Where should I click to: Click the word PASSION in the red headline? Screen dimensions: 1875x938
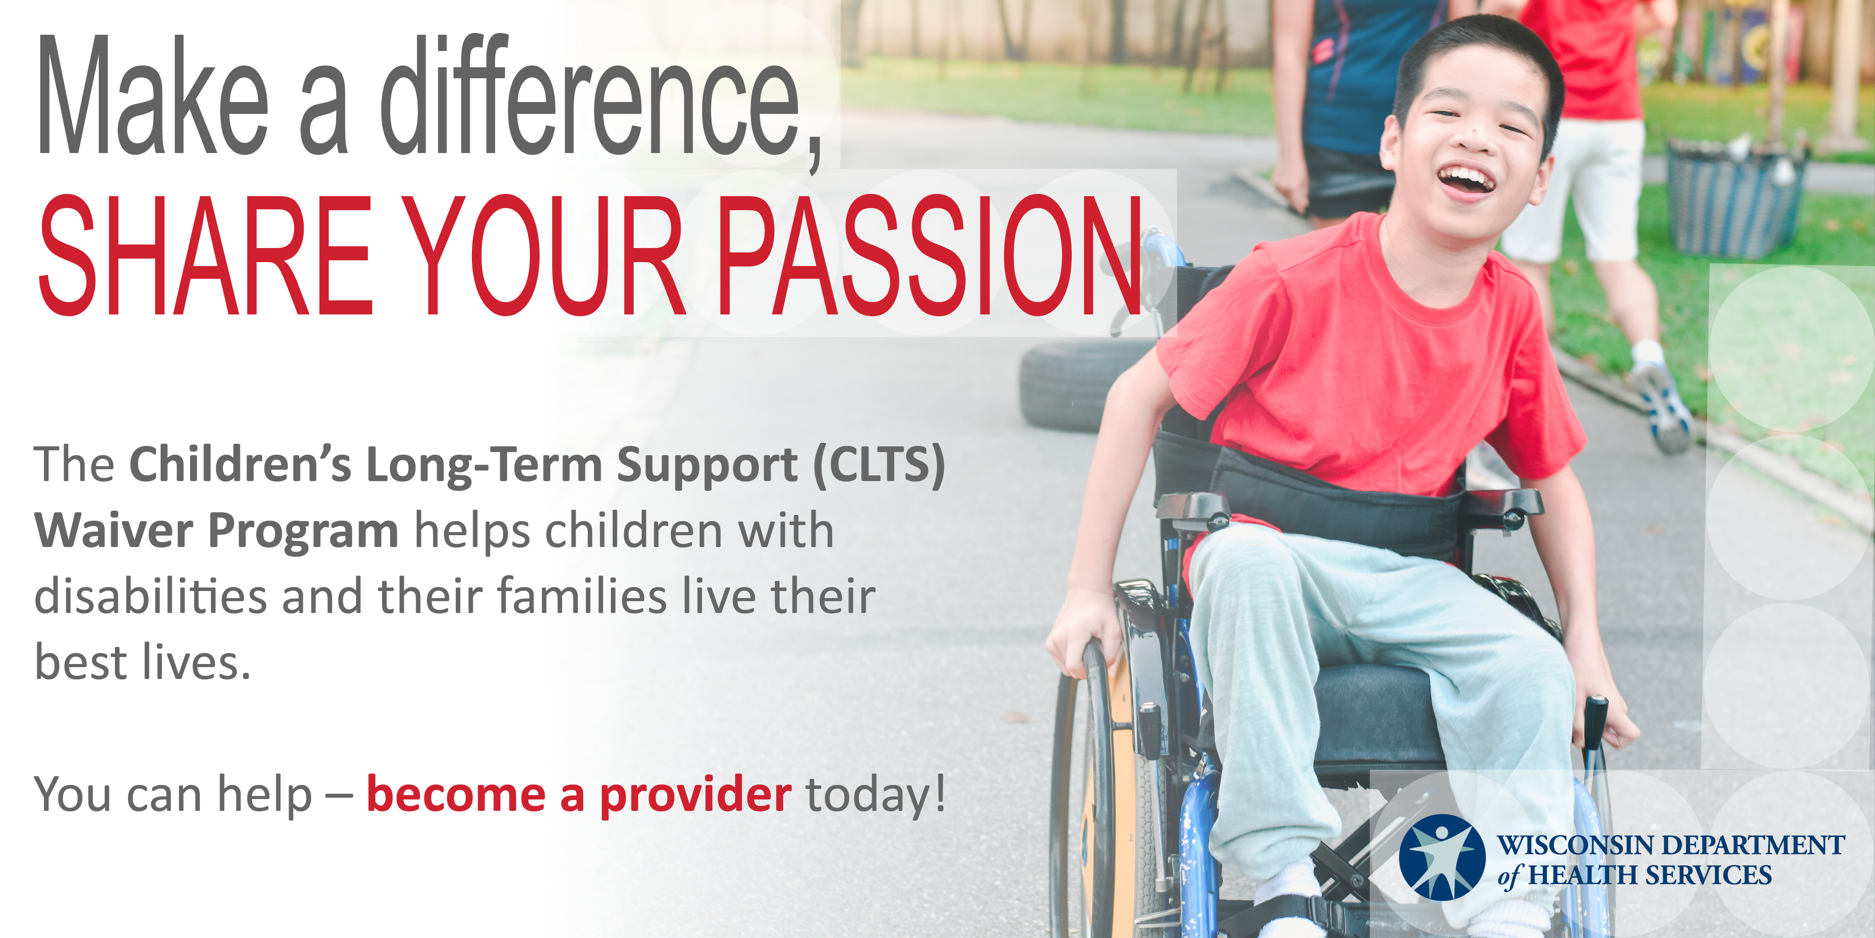(929, 255)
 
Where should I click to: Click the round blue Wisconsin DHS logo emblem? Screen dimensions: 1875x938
(1442, 858)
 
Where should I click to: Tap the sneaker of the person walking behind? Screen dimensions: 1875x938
(1662, 404)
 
